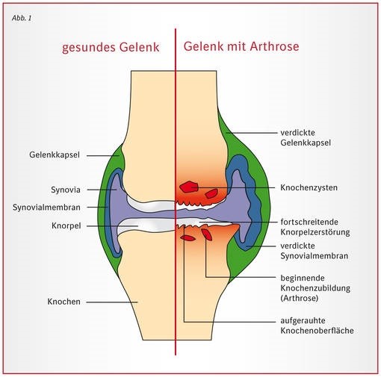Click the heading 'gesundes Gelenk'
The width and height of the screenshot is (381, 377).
tap(111, 48)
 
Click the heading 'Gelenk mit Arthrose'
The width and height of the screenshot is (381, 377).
tap(241, 46)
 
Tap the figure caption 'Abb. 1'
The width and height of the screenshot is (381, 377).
tap(22, 18)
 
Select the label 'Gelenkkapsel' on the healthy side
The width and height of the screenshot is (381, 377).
tap(55, 155)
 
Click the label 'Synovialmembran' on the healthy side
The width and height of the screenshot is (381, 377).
tap(46, 208)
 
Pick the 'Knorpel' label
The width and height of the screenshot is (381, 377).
tap(66, 225)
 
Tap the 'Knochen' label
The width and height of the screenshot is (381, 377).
tap(64, 302)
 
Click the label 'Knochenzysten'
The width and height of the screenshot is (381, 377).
tap(309, 187)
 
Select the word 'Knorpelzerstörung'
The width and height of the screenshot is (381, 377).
tap(315, 232)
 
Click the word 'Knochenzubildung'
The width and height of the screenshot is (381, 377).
tap(315, 288)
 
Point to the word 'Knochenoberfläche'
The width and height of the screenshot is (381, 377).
tap(317, 331)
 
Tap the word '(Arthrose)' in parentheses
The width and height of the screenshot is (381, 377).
tap(300, 298)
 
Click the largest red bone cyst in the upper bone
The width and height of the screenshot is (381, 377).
tap(189, 187)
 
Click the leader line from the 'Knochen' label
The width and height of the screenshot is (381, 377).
tap(112, 302)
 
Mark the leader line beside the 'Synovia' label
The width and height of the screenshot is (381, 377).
tap(102, 190)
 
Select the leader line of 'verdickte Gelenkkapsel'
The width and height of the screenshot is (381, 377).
tap(252, 133)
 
